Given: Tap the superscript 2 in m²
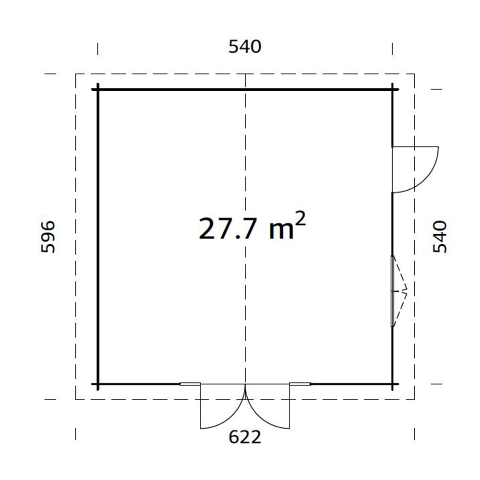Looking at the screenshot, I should coord(300,218).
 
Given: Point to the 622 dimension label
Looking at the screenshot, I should coord(245,437).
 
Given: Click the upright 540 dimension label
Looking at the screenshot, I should coord(245,47).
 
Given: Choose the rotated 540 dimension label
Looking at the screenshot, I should coord(440,237).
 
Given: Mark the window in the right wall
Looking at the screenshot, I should coord(394,291).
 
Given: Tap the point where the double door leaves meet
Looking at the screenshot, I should coord(245,385).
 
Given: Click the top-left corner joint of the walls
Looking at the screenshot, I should coord(98,90).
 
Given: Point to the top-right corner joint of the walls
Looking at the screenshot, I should coord(393,90).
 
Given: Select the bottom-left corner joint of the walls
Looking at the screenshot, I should coord(98,384).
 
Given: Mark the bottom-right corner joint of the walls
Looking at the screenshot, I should coord(393,384).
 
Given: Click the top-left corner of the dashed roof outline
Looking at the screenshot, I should coord(76,74).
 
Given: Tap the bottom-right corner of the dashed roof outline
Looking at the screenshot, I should coord(415,399).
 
